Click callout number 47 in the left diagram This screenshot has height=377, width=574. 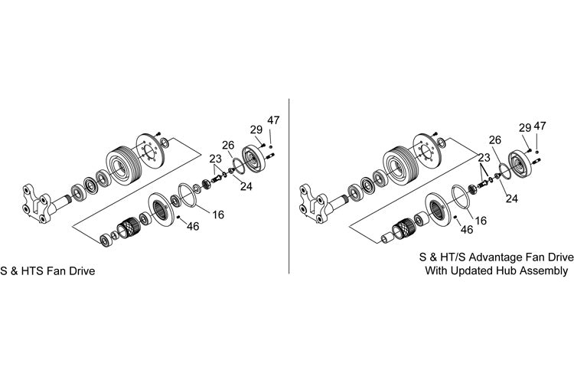[273, 120]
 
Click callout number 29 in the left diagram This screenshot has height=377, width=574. [256, 129]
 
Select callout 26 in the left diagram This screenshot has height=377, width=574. [228, 145]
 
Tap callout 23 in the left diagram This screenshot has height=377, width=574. [216, 159]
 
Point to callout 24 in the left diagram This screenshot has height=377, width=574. [246, 186]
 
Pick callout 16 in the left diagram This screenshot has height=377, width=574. [218, 215]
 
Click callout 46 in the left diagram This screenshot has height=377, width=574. [193, 226]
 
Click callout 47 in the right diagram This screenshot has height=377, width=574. [540, 126]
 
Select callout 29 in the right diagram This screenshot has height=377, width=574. [525, 127]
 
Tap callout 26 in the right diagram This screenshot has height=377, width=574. [495, 139]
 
